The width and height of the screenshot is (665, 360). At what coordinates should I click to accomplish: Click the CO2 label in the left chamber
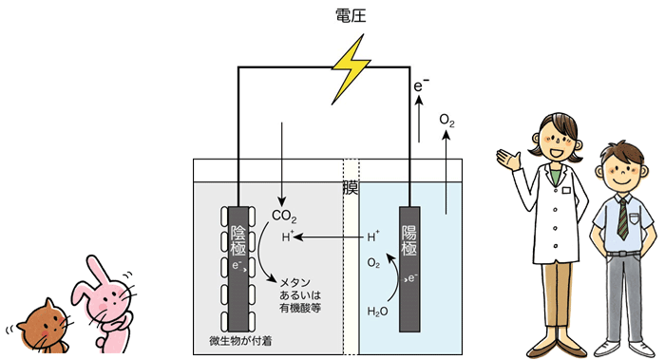(x=284, y=217)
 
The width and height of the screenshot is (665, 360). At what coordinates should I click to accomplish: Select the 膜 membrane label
(x=350, y=187)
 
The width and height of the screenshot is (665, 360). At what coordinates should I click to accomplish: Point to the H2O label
(x=378, y=311)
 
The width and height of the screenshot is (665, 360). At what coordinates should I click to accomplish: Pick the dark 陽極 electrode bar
(x=409, y=266)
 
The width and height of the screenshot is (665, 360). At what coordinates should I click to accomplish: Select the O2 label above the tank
(x=446, y=121)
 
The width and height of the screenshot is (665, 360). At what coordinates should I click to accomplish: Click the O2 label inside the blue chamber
(x=374, y=262)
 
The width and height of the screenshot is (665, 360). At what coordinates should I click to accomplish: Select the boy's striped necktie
(x=621, y=218)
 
